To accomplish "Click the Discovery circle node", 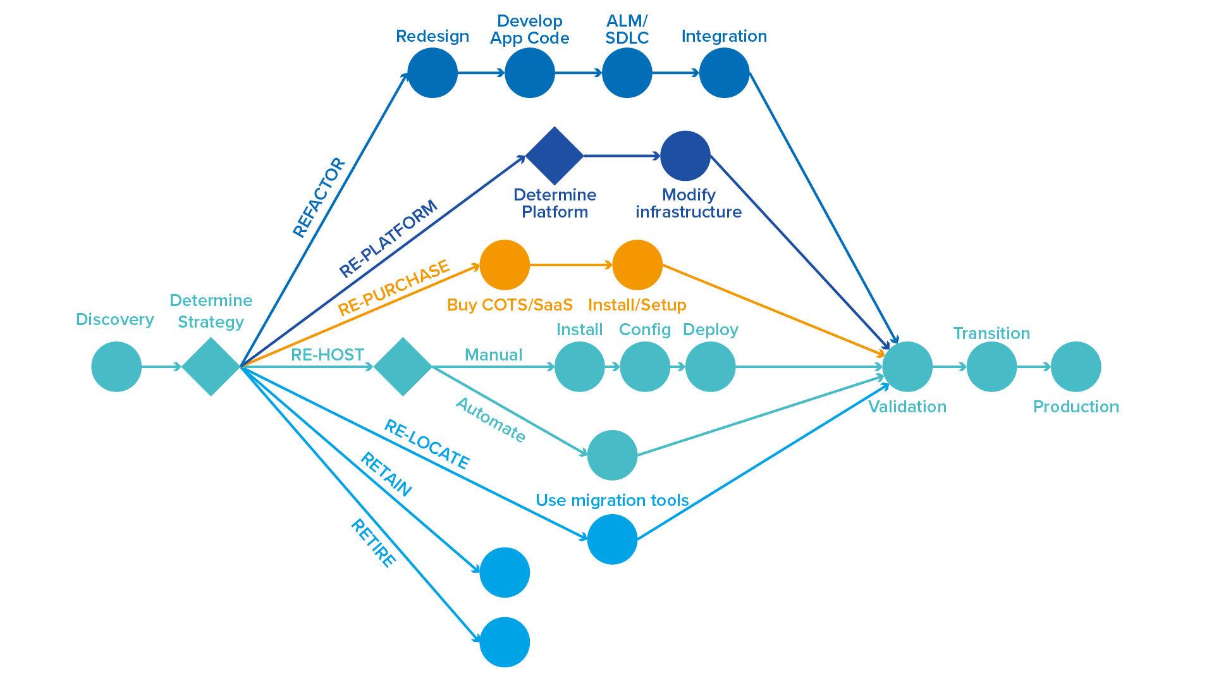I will [116, 367].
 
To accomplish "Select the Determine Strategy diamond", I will [211, 367].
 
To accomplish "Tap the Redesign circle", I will [432, 73].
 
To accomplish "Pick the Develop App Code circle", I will [530, 73].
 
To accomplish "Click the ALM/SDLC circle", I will [627, 73].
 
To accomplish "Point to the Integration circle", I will [725, 73].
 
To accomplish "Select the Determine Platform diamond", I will [555, 156].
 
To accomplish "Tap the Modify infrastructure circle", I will [685, 156].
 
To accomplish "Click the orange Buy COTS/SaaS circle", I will [505, 265].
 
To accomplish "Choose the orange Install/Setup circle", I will [637, 265].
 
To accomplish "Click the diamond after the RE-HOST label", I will [403, 367].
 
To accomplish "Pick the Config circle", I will [645, 367].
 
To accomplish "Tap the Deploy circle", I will [711, 367].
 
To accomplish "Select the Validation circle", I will [907, 367].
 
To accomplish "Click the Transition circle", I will [992, 367].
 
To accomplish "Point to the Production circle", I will [1076, 367].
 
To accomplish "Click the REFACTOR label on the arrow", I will [319, 198].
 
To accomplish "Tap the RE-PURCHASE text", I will [394, 288].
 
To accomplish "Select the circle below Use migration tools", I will [613, 539].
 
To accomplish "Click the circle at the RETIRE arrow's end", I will [505, 642].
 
